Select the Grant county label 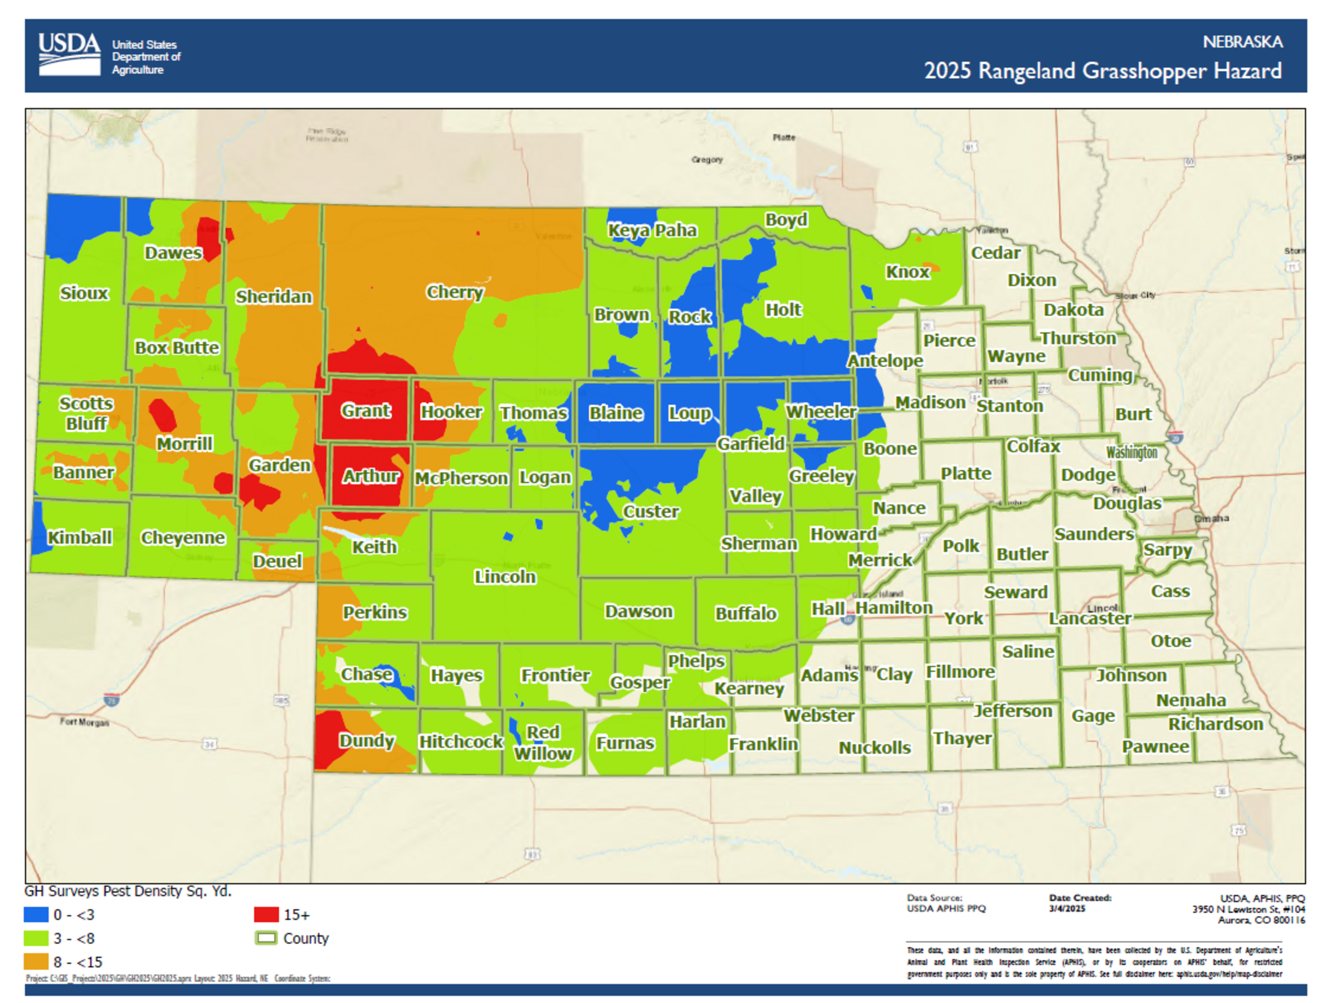[x=366, y=411]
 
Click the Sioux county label [x=84, y=293]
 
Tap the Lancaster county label [x=1089, y=619]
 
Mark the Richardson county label [x=1215, y=724]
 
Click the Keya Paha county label [x=652, y=231]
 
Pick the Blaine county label [x=616, y=413]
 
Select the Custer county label [x=651, y=512]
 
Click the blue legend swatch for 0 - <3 [x=36, y=914]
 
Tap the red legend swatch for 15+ [x=266, y=914]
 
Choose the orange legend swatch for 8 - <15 [x=36, y=962]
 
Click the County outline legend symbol [x=266, y=938]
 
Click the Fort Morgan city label [x=85, y=722]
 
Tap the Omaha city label [x=1211, y=519]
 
